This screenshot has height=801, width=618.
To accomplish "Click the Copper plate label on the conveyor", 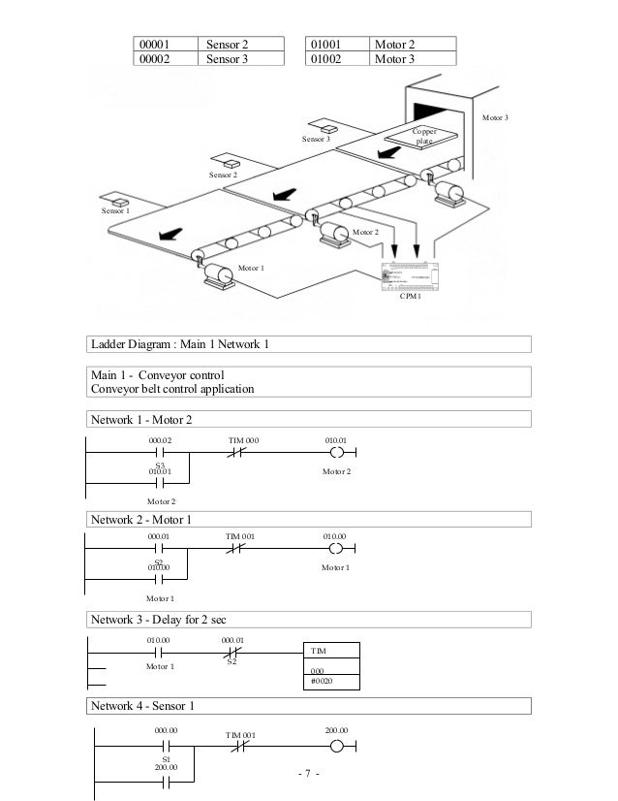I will pos(424,135).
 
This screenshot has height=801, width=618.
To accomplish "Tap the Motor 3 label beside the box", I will pos(495,117).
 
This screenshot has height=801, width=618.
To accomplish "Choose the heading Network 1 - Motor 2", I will pos(141,419).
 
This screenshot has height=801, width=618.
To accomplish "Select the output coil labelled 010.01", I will pos(336,453).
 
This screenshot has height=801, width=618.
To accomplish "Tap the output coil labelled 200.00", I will pos(336,747).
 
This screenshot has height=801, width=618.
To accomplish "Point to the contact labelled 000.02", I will pos(160,453).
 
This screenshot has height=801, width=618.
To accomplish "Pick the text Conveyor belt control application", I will pos(172,390).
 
